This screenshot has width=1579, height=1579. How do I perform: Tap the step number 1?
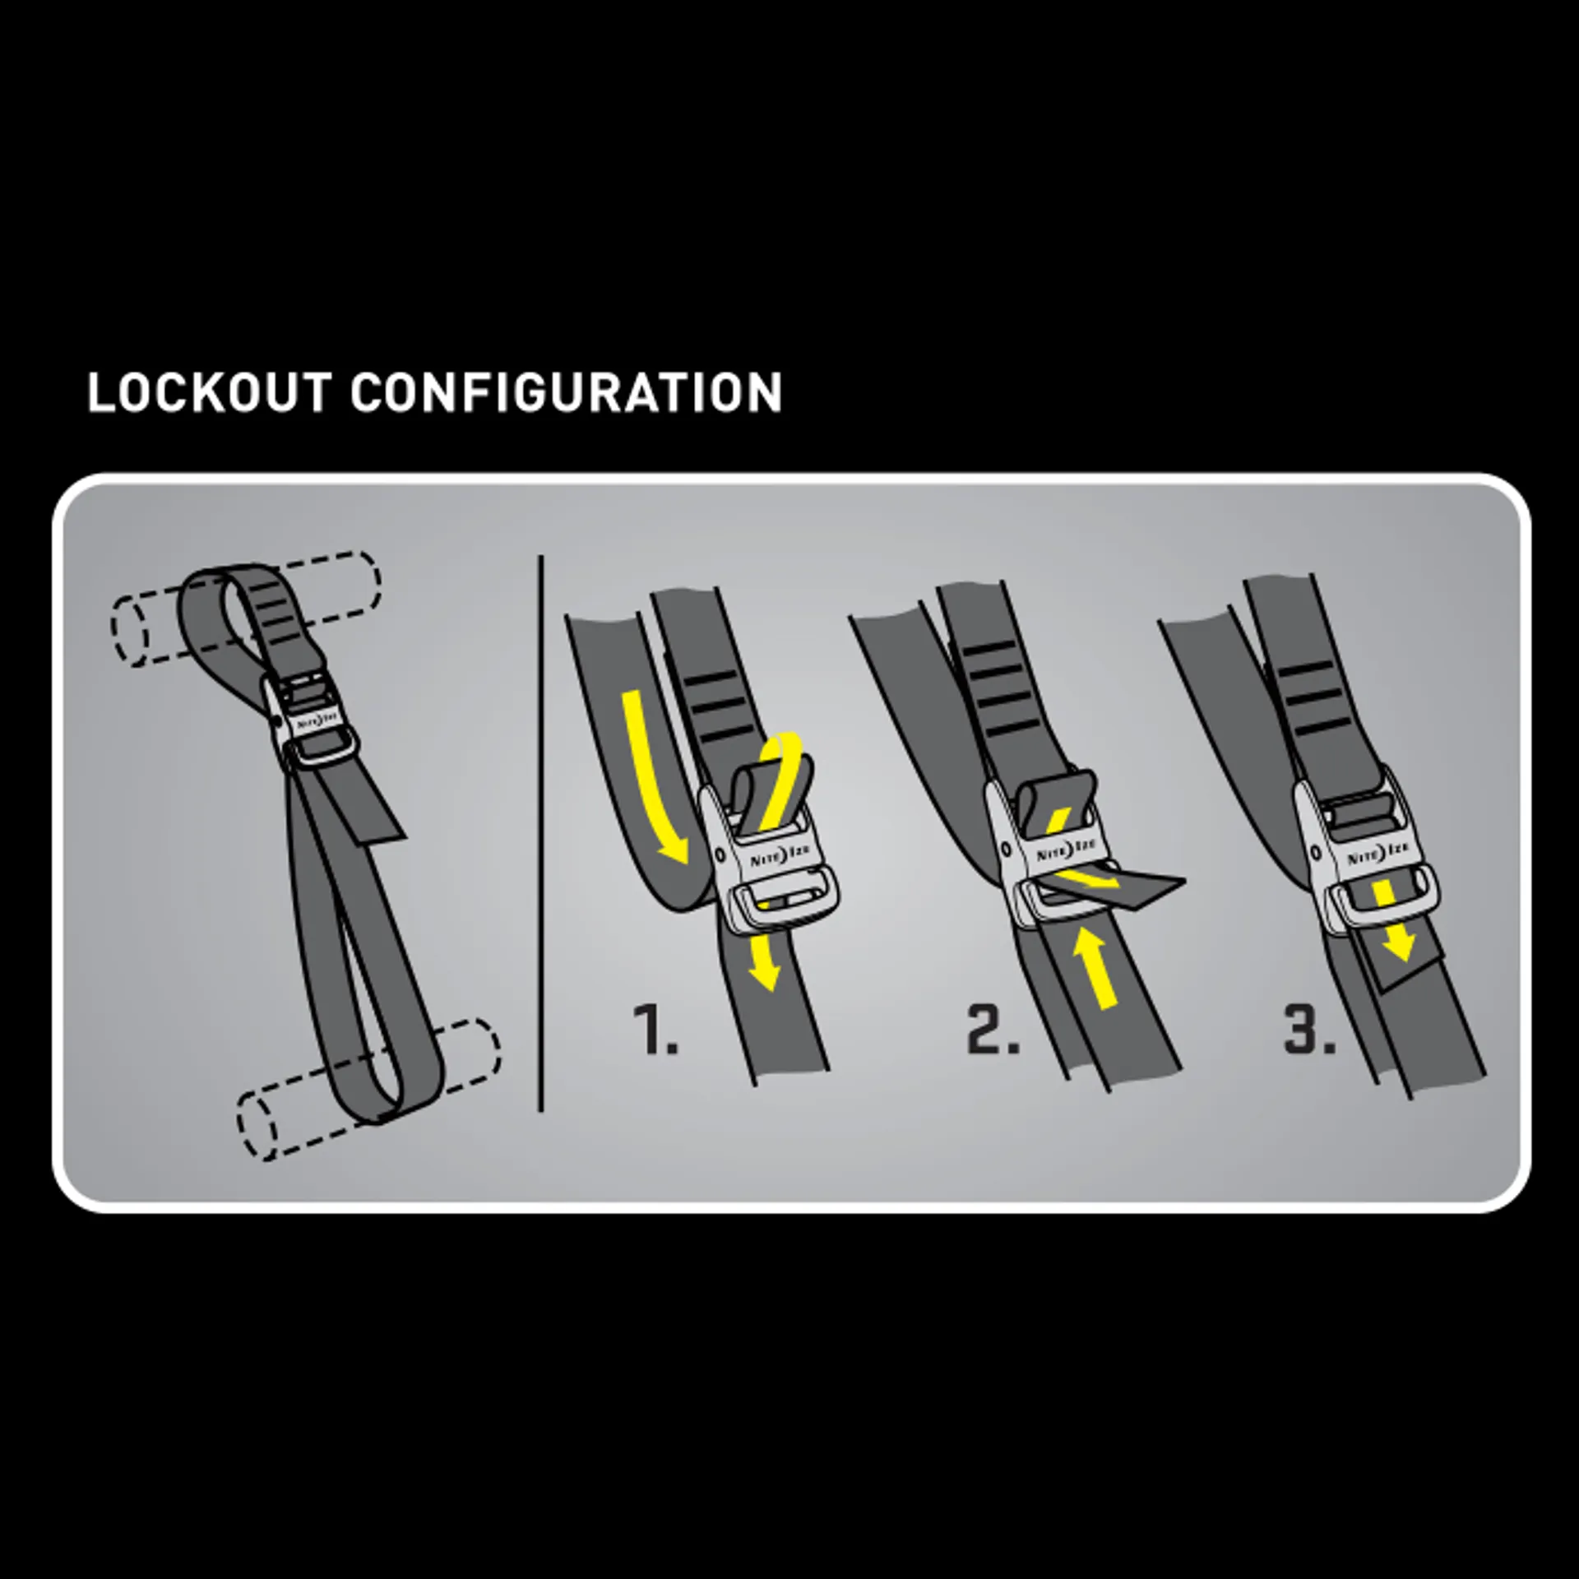click(x=655, y=1029)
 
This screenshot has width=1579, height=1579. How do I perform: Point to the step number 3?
click(x=1310, y=1029)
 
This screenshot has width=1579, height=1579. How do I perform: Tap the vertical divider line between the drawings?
click(x=541, y=832)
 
